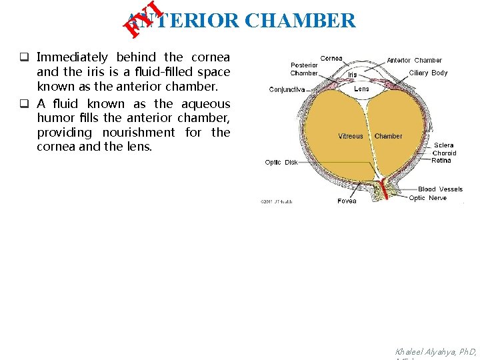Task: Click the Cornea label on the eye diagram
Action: click(x=331, y=59)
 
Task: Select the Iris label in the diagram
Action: click(x=352, y=75)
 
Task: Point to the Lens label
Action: click(x=361, y=89)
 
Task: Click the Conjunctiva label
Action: click(x=287, y=89)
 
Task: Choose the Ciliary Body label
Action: click(x=428, y=73)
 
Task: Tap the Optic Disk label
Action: click(x=281, y=163)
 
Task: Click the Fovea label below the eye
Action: click(x=347, y=201)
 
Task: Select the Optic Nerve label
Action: click(x=427, y=198)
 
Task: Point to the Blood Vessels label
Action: click(x=440, y=189)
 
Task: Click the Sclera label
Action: click(x=443, y=145)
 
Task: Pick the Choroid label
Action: click(x=444, y=153)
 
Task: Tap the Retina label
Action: click(x=441, y=160)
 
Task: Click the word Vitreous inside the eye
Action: click(x=351, y=136)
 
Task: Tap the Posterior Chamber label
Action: click(x=304, y=69)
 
